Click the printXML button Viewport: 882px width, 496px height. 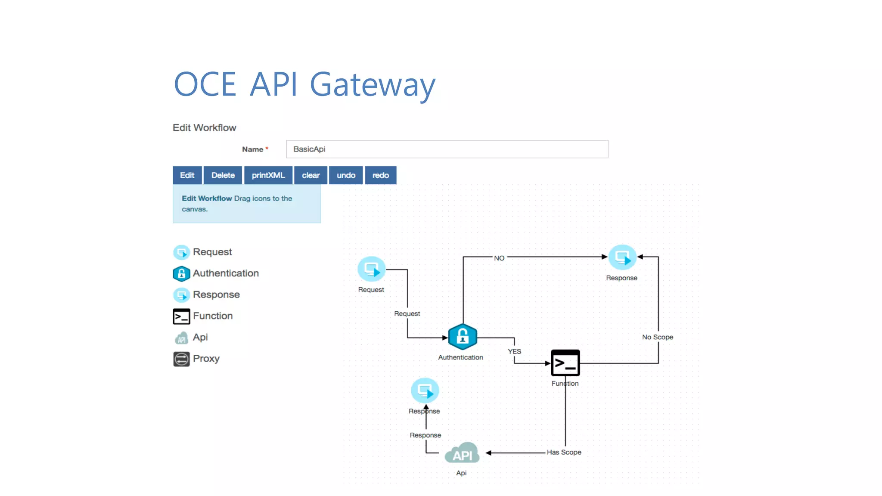(x=268, y=175)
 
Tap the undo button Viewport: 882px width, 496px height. (x=346, y=175)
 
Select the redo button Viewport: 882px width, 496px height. (x=380, y=175)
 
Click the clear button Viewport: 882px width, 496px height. (x=311, y=175)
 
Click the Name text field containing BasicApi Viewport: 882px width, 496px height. (x=447, y=149)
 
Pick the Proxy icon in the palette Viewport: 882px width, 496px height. (x=181, y=359)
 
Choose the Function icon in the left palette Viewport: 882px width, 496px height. (x=181, y=316)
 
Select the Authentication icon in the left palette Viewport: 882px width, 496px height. (x=181, y=273)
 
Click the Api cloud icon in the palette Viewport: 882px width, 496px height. (x=181, y=338)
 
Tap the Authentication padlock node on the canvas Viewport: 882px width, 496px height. (x=462, y=336)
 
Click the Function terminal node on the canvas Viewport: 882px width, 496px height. (x=565, y=363)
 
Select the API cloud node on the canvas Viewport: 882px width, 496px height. (x=462, y=454)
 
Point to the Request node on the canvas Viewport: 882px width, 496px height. (x=371, y=269)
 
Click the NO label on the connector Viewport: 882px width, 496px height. (x=499, y=258)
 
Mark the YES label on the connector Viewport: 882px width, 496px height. (x=514, y=351)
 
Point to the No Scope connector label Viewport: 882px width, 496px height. (x=657, y=337)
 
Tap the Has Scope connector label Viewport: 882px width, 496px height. (x=564, y=452)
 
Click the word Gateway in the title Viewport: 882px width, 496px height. (x=373, y=85)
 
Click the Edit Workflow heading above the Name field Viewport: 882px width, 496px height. (x=204, y=128)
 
